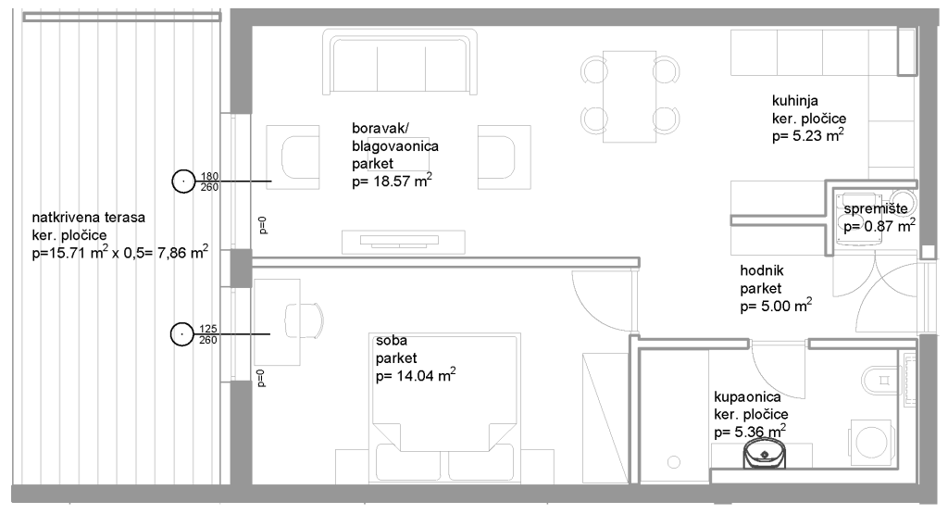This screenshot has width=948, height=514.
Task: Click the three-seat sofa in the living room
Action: (400, 62)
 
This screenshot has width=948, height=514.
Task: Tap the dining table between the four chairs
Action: (630, 96)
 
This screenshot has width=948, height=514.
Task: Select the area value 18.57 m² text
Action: (392, 181)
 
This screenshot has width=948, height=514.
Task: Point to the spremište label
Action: (876, 208)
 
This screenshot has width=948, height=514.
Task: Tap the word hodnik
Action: (762, 270)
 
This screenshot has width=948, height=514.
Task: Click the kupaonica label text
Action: (747, 397)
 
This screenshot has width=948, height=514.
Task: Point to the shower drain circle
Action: (674, 463)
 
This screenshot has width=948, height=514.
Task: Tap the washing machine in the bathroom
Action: (870, 442)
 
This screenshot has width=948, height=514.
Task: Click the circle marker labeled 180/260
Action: (183, 181)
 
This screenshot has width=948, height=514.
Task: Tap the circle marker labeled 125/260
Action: (182, 333)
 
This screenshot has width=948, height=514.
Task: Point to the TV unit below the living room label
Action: (404, 242)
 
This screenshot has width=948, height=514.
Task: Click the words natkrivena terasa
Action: (88, 218)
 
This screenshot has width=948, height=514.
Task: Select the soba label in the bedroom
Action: (392, 341)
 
